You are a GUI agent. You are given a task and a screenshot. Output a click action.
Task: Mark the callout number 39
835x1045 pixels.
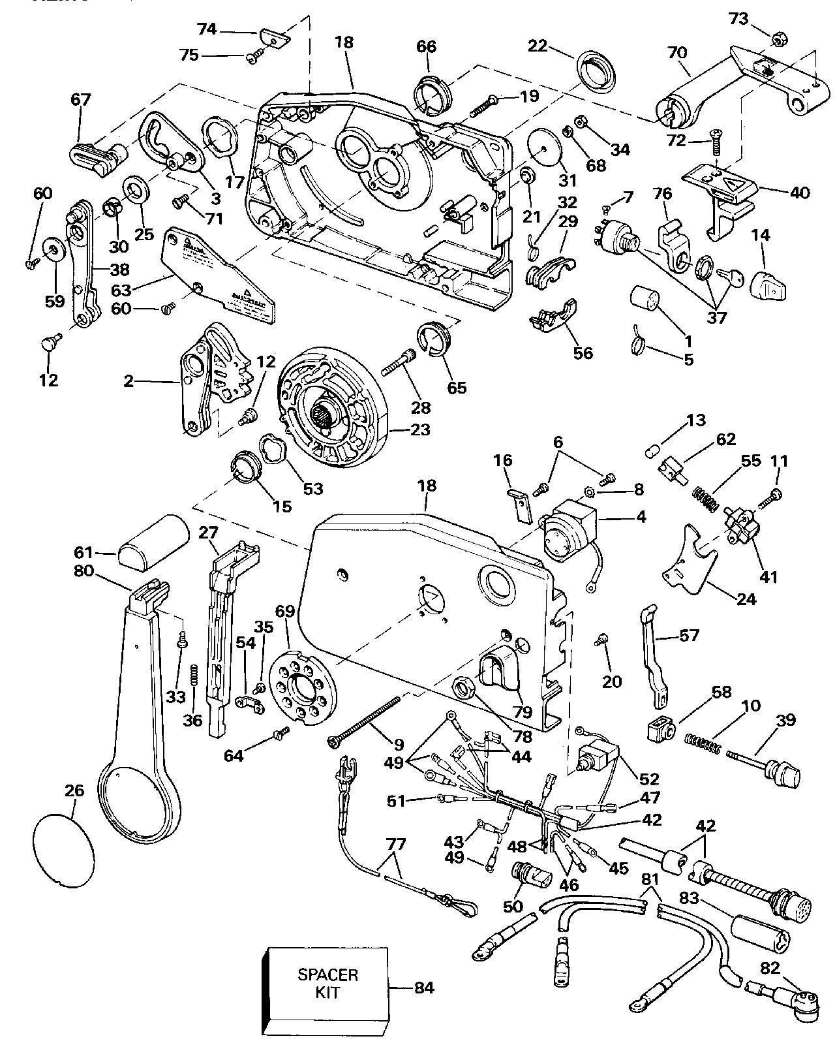pyautogui.click(x=786, y=721)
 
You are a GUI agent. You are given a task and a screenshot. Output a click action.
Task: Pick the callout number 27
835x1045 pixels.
pyautogui.click(x=208, y=533)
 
